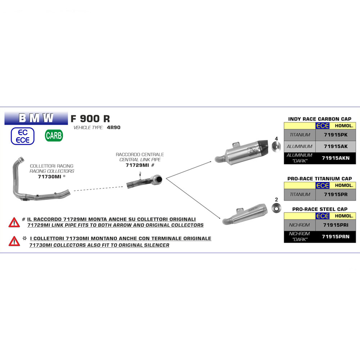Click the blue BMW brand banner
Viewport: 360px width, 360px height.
(36, 118)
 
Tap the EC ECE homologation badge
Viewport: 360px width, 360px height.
(22, 136)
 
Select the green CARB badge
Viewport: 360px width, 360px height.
(54, 135)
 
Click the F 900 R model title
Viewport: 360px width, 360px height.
(90, 119)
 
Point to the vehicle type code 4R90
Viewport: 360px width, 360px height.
(114, 127)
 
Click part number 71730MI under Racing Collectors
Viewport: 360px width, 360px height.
(49, 176)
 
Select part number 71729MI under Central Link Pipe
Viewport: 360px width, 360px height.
(137, 165)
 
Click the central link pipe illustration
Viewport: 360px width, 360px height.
(144, 181)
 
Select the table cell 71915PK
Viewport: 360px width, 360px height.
(336, 135)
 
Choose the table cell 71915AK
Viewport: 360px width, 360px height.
(336, 147)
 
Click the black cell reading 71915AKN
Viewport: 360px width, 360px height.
(336, 158)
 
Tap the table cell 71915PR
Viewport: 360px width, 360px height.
(336, 195)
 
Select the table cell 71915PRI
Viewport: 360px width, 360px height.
(336, 225)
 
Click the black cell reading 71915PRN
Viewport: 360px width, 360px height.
(336, 237)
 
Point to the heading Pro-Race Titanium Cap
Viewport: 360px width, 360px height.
(319, 179)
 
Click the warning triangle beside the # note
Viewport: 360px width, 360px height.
(14, 222)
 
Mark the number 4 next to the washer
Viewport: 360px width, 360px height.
(276, 139)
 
